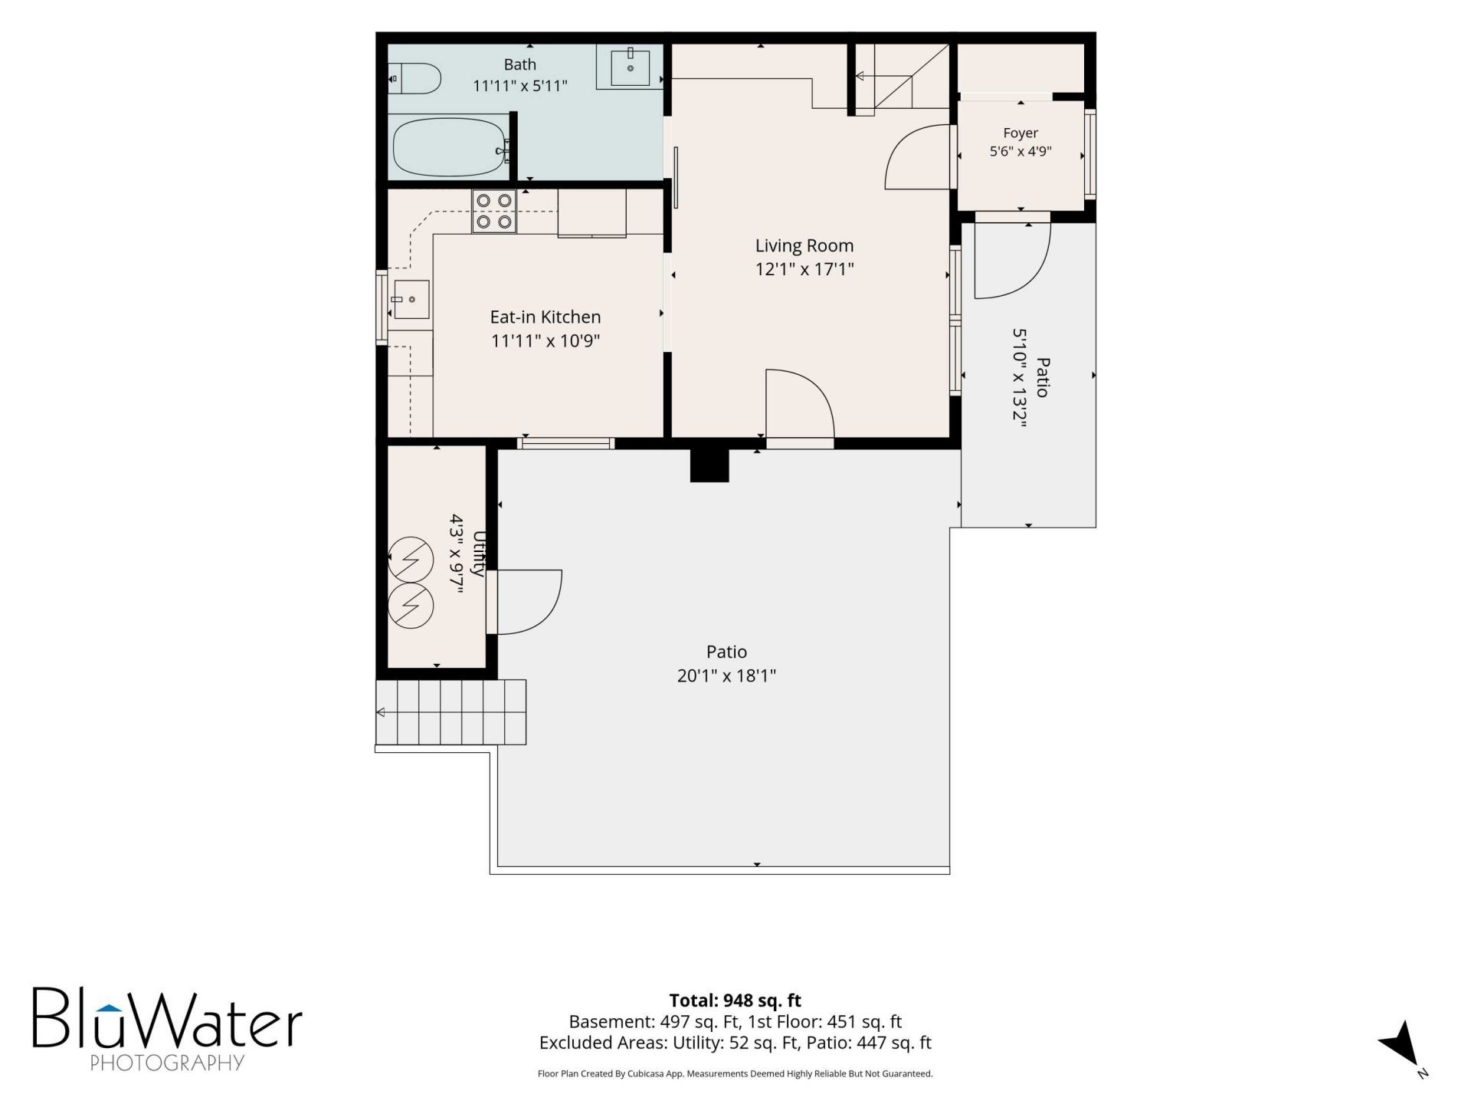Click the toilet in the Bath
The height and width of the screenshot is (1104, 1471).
pos(415,78)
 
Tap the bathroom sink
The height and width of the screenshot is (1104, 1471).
pos(630,67)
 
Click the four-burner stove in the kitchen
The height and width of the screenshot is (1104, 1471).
pos(494,211)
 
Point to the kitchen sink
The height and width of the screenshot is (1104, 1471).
pos(411,299)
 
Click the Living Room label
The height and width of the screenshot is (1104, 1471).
pos(804,245)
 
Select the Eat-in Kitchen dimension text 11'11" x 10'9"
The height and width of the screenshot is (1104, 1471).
pos(545,340)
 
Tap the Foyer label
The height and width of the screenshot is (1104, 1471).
pos(1021,133)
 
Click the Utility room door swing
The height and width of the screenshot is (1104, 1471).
pos(529,602)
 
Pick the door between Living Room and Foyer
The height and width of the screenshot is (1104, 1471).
pos(918,156)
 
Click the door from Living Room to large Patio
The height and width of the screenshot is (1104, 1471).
pos(800,406)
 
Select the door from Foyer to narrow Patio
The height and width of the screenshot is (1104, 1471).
pos(1012,261)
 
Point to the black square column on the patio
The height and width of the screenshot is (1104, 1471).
pos(709,465)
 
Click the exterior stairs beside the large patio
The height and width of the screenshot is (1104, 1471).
pos(451,711)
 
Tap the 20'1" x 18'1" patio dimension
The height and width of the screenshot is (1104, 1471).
pos(726,675)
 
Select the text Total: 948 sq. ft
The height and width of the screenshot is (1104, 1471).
pos(735,1001)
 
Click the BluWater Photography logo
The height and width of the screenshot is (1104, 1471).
pos(167,1027)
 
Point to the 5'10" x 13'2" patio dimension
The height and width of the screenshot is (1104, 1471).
pos(1019,377)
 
